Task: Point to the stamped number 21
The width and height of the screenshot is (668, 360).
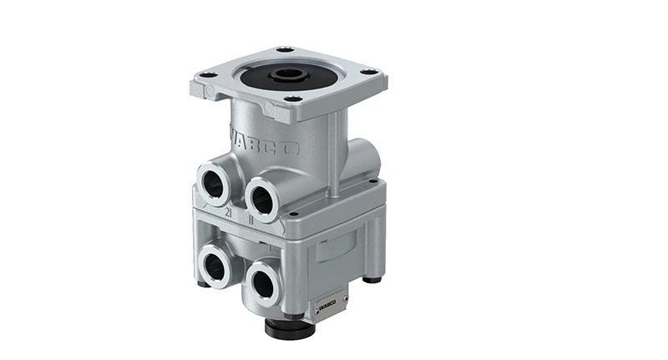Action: (228, 213)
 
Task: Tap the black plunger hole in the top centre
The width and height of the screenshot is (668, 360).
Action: (289, 74)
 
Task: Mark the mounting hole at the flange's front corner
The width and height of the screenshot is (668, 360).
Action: (292, 99)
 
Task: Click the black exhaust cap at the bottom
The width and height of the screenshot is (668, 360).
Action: (289, 327)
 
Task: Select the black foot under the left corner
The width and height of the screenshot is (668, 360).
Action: (203, 283)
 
